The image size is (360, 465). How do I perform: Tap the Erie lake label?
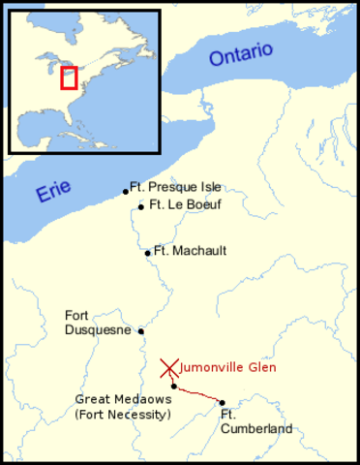[54, 191]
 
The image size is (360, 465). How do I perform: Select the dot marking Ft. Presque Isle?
[126, 192]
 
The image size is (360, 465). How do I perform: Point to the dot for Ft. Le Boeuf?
[141, 206]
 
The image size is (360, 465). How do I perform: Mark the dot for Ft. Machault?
[147, 253]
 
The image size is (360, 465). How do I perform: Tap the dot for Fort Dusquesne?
[141, 330]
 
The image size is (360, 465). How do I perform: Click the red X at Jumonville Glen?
[169, 368]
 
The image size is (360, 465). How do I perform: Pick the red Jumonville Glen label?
[228, 367]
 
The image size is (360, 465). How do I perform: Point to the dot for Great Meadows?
[174, 386]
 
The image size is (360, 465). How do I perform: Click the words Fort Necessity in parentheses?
[122, 415]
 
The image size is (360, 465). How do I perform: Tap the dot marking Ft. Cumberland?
[222, 402]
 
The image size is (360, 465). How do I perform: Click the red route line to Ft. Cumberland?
[198, 394]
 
